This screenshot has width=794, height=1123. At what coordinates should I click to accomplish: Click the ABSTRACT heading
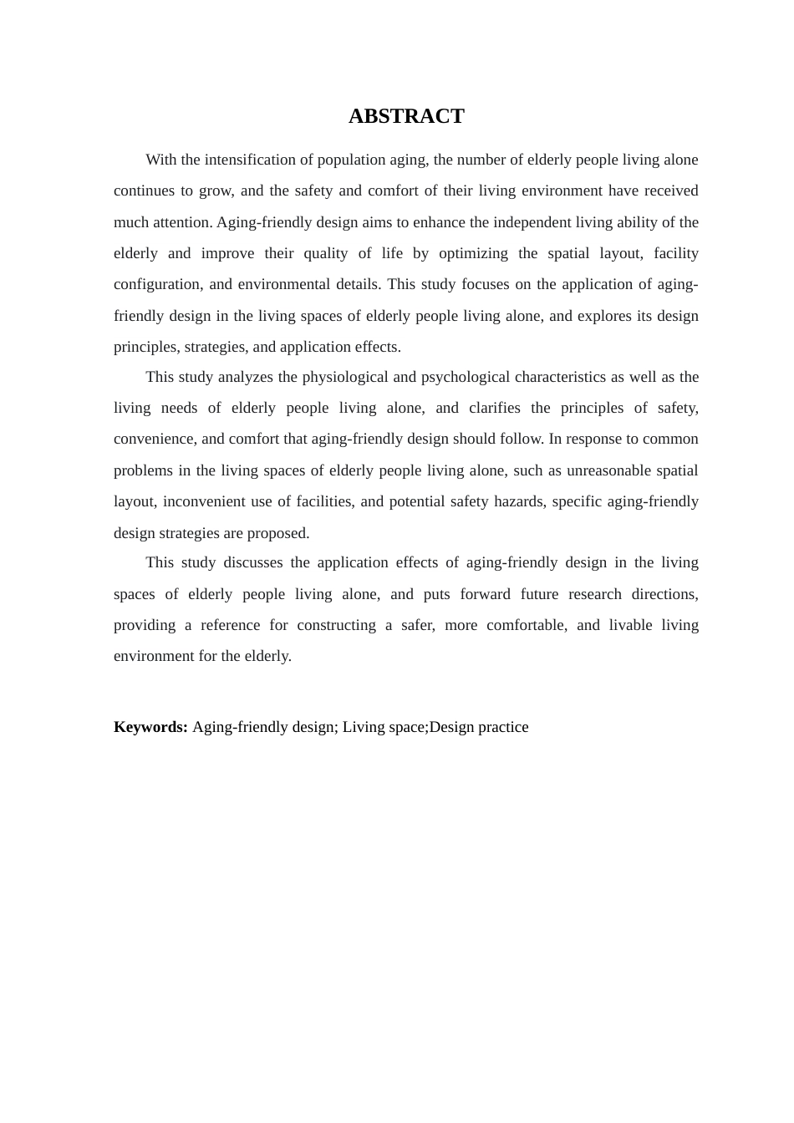pyautogui.click(x=406, y=116)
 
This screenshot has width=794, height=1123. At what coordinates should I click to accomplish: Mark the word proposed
pyautogui.click(x=277, y=533)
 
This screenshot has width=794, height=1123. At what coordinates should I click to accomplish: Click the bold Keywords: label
pyautogui.click(x=150, y=727)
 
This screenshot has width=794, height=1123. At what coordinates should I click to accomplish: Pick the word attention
pyautogui.click(x=182, y=222)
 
